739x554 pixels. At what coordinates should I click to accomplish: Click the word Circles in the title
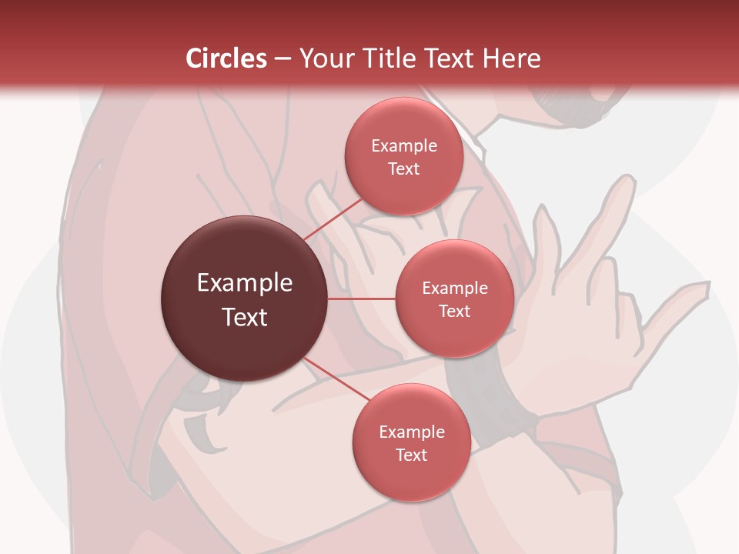pyautogui.click(x=226, y=58)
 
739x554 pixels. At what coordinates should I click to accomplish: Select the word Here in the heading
pyautogui.click(x=510, y=58)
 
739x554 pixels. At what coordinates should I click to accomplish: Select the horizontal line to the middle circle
pyautogui.click(x=361, y=298)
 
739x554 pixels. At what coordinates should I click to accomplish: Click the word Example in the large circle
pyautogui.click(x=244, y=283)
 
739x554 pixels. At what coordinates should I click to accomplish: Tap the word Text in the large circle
pyautogui.click(x=244, y=316)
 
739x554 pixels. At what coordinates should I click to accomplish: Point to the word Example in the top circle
pyautogui.click(x=403, y=146)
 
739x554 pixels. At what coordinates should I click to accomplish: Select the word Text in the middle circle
pyautogui.click(x=454, y=311)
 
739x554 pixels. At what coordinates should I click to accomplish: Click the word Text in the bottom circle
pyautogui.click(x=411, y=455)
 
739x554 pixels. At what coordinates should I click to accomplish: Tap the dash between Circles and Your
pyautogui.click(x=283, y=58)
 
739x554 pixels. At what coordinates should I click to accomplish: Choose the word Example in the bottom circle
pyautogui.click(x=411, y=432)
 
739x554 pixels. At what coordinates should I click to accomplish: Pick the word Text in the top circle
pyautogui.click(x=403, y=169)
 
